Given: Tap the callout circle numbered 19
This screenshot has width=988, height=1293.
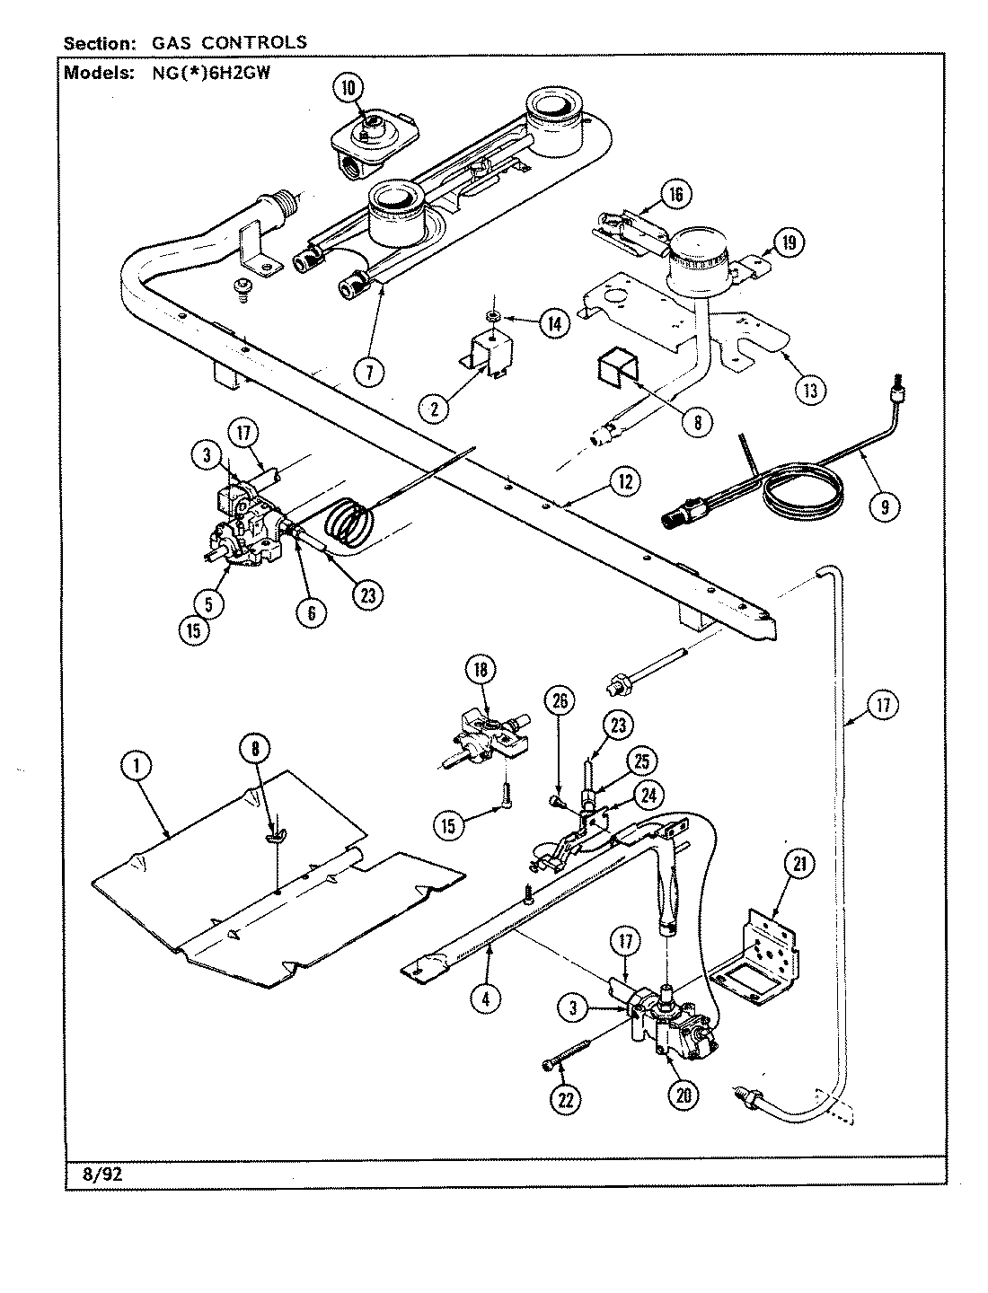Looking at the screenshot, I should [788, 242].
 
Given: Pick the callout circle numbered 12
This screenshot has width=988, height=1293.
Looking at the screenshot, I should [622, 482].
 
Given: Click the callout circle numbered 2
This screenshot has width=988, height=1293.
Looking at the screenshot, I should [435, 409].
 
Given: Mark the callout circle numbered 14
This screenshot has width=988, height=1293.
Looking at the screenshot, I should [554, 324].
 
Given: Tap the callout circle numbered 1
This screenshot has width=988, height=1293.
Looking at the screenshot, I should [137, 766].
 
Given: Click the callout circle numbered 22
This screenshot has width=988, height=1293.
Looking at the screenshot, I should [566, 1100].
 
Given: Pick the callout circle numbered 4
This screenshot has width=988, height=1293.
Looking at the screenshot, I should [485, 999].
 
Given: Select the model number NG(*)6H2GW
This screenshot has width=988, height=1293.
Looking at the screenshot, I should [217, 74].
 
